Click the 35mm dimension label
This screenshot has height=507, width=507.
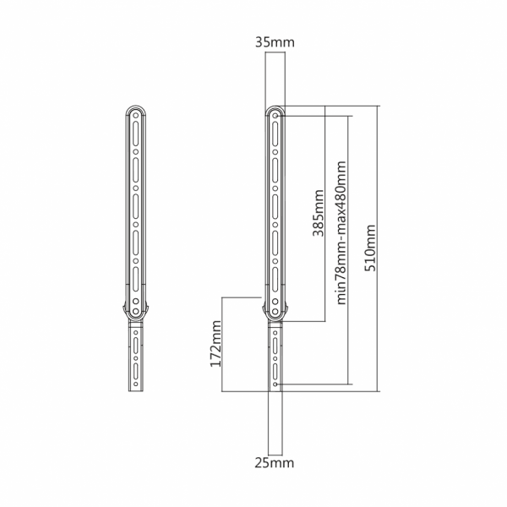coord(275,42)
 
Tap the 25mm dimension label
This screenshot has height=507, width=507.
coord(275,463)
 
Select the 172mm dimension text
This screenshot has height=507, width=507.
coord(215,344)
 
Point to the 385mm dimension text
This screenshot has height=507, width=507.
coord(319,213)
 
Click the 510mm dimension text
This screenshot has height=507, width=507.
coord(370,248)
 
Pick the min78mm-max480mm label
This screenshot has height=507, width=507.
coord(341,233)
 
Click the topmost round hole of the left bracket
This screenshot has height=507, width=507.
coord(136,116)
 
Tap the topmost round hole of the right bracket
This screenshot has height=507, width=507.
coord(275,116)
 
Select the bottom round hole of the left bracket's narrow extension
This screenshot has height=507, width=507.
coord(136,384)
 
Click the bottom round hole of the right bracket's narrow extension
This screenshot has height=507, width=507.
coord(275,384)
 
